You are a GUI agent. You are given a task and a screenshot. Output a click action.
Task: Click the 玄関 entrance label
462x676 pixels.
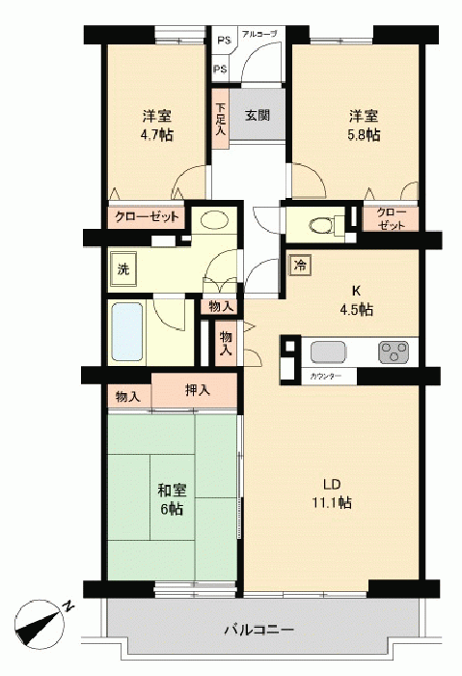[x=258, y=116]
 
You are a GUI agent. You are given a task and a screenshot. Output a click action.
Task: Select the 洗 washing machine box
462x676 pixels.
[x=123, y=269]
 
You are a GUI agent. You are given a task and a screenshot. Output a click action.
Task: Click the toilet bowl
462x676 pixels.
[x=321, y=224]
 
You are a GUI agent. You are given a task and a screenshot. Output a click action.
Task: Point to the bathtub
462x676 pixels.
[x=127, y=331]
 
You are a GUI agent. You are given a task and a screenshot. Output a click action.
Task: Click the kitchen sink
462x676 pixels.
[x=328, y=352]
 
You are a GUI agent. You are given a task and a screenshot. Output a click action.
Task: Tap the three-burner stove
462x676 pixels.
[x=394, y=352]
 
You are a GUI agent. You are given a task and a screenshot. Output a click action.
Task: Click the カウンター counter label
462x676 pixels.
[x=326, y=377]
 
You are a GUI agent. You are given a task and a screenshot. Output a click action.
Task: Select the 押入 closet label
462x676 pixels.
[x=198, y=390]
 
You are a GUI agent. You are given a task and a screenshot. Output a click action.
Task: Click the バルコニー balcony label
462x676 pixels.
[x=259, y=631]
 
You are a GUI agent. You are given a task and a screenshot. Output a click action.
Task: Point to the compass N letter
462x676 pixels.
[x=68, y=606]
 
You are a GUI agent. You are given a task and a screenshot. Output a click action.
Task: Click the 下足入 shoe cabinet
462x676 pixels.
[x=220, y=119]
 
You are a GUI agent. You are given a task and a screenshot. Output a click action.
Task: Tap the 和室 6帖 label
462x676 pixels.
[x=172, y=499]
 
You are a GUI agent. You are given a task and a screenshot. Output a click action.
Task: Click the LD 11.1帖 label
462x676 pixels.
[x=332, y=493]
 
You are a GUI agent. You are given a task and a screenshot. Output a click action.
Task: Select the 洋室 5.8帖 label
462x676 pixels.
[x=364, y=126]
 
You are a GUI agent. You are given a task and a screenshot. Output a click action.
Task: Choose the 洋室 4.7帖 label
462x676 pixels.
[x=157, y=126]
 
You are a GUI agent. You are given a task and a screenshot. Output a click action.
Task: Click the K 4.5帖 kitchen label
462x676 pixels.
[x=357, y=300]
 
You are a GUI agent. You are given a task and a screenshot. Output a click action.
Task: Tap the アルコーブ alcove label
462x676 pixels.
[x=258, y=33]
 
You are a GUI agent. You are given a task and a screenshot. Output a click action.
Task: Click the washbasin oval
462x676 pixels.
[x=214, y=221]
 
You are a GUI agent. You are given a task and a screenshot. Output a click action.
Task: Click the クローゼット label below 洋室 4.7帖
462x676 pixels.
[x=147, y=217]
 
